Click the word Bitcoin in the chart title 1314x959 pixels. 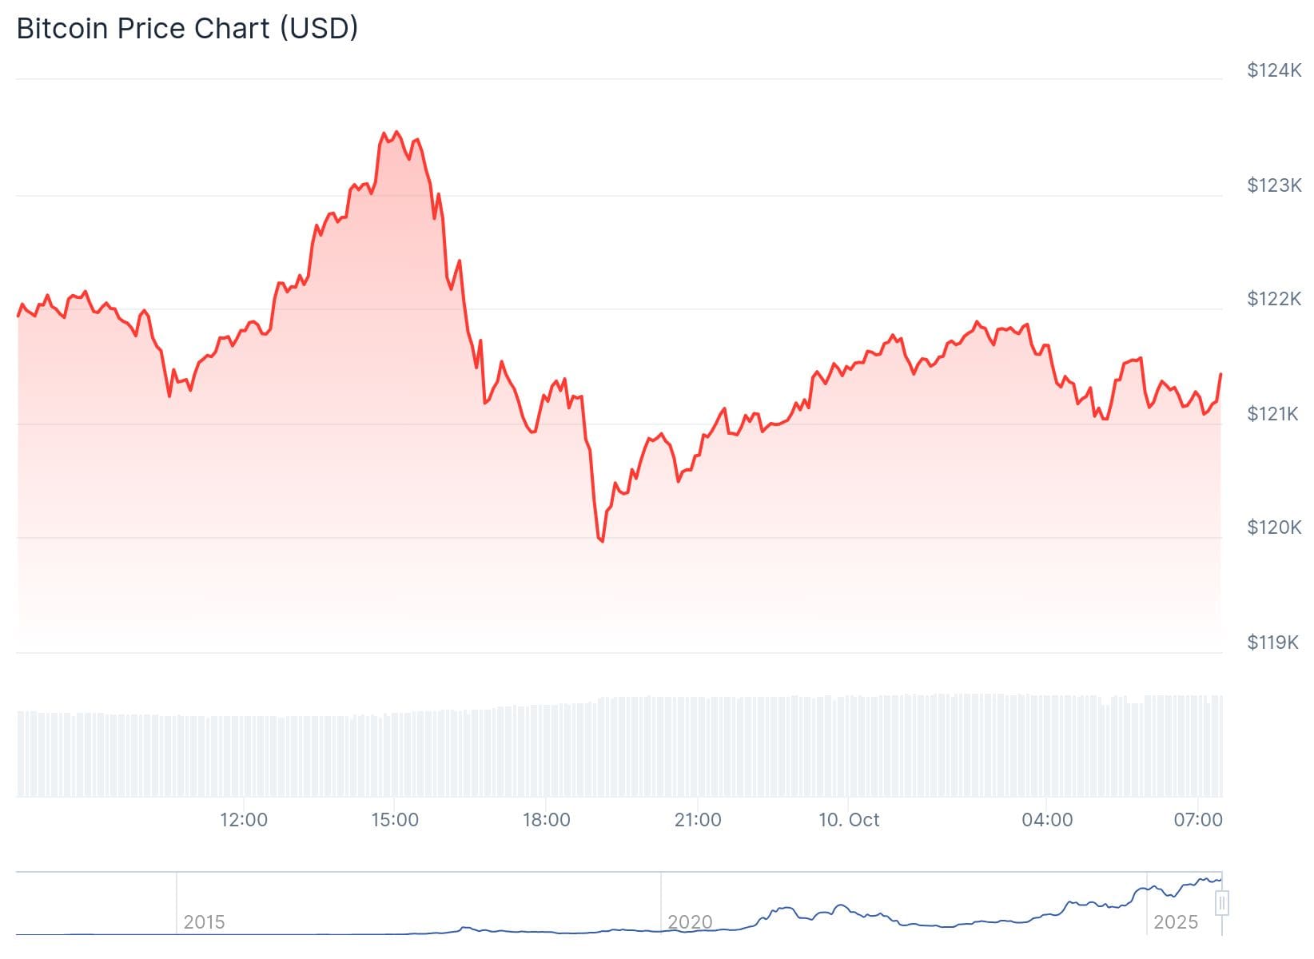62,29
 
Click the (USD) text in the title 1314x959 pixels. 318,29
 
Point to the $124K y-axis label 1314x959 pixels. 1274,70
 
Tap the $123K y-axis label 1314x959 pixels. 1274,185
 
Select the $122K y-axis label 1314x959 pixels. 1274,299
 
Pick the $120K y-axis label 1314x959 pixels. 1274,527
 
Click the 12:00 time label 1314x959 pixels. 244,820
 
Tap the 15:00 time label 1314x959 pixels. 395,820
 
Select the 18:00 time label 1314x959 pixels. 546,820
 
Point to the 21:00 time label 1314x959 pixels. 698,820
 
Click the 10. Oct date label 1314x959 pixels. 849,820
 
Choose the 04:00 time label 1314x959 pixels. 1047,820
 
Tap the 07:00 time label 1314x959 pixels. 1198,820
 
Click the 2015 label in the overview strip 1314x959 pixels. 204,922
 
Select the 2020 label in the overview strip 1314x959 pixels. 690,922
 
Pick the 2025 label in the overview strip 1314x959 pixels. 1176,922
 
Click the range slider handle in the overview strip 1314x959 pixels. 1221,904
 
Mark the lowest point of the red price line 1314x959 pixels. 602,542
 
